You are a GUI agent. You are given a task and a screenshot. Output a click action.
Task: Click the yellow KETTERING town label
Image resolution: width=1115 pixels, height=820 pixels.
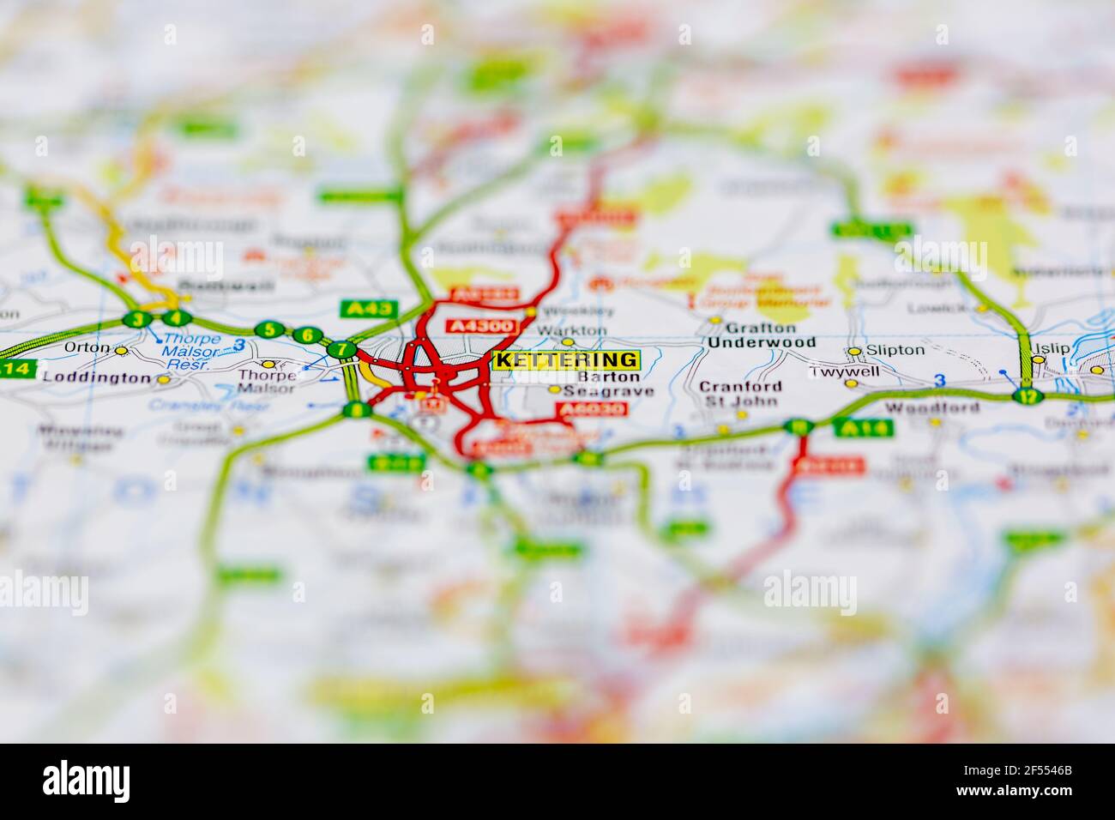(566, 360)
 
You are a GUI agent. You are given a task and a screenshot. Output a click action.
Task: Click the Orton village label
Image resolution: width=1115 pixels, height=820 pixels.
(87, 348)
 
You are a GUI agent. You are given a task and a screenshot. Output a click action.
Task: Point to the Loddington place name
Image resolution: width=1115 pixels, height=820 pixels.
(95, 377)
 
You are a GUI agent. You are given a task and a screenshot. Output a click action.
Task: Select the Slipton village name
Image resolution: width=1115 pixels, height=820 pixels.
(895, 350)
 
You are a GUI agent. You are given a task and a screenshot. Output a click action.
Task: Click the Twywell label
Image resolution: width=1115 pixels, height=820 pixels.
(833, 372)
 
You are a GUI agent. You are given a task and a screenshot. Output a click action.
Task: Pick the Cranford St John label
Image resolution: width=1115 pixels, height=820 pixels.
(740, 394)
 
